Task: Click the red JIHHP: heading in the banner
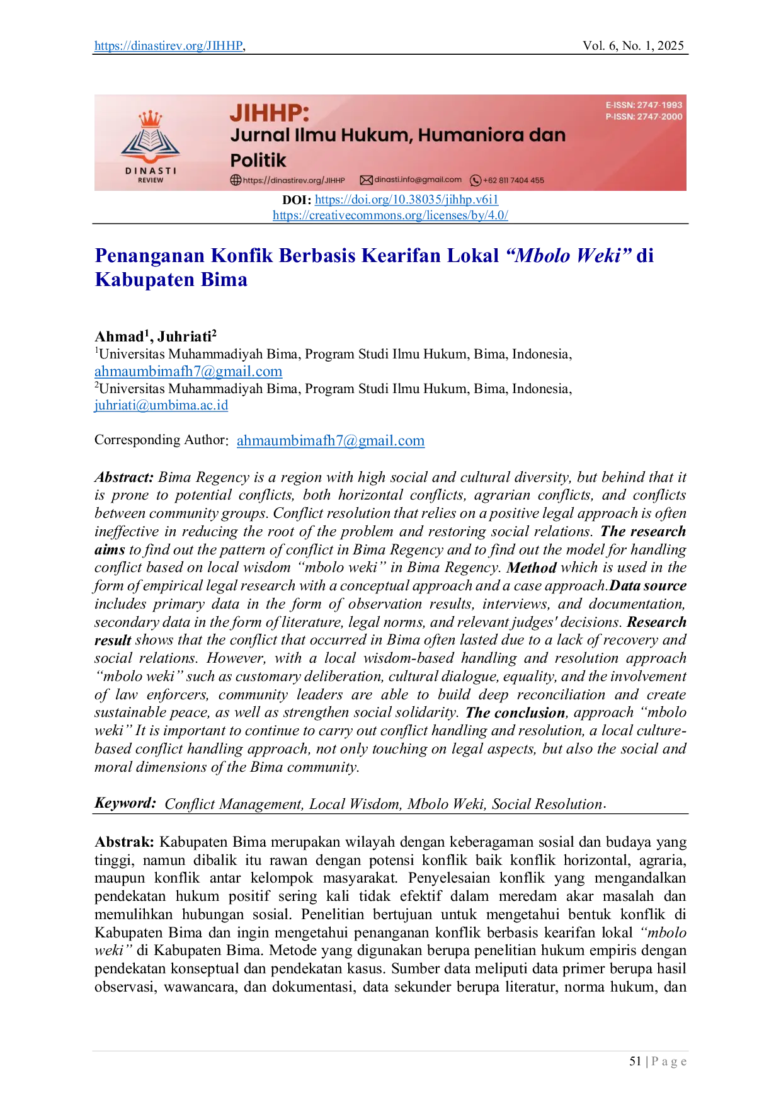click(270, 113)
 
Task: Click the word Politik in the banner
click(258, 160)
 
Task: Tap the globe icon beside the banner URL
click(236, 180)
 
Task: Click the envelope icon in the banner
click(366, 180)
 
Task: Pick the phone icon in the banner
click(476, 181)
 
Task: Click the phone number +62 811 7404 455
click(513, 181)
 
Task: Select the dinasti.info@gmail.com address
click(418, 180)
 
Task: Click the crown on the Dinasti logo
click(150, 118)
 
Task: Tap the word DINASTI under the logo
click(151, 171)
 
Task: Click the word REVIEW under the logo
click(151, 180)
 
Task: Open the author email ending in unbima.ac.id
click(161, 406)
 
